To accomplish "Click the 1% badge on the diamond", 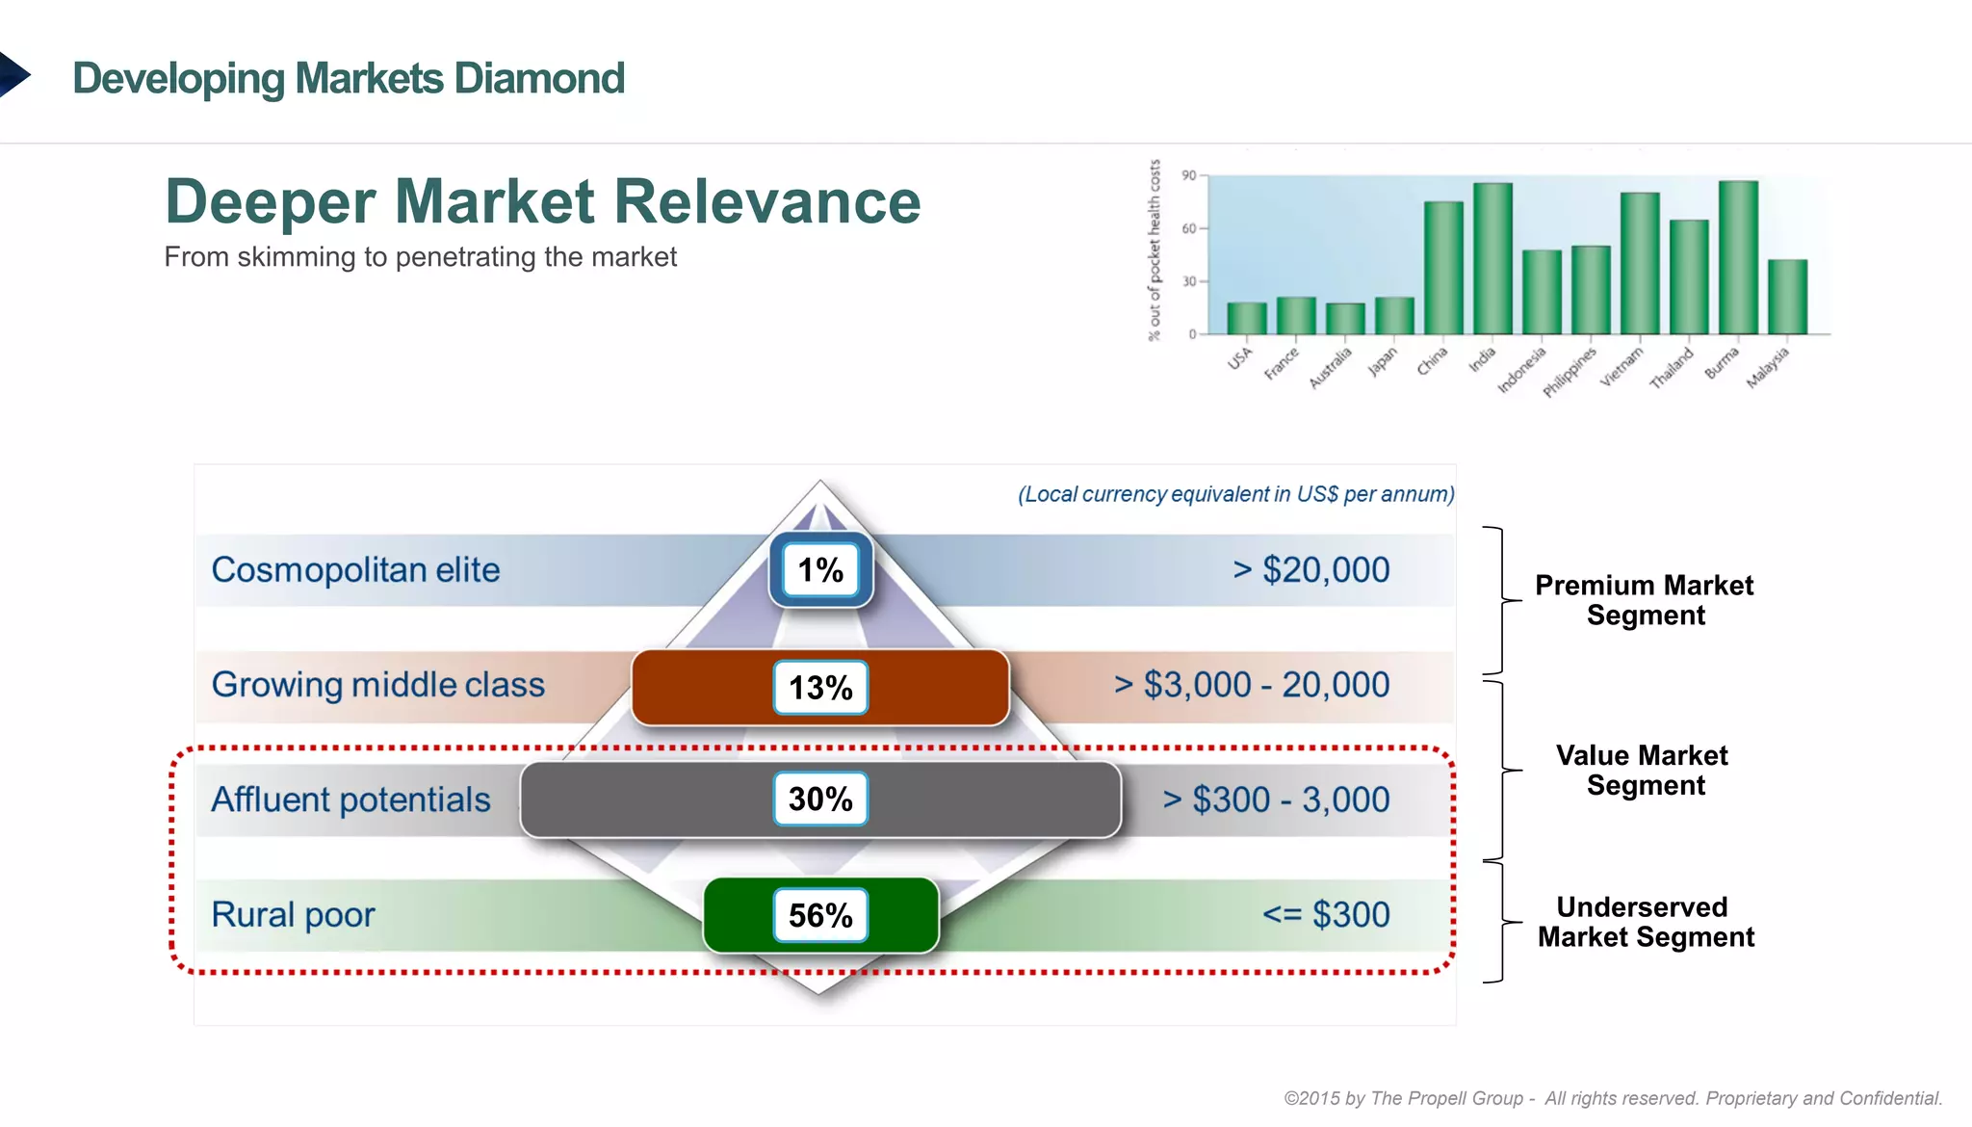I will (820, 569).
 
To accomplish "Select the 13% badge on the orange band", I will (820, 687).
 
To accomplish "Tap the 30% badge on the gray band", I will (820, 799).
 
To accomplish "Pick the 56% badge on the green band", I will (820, 914).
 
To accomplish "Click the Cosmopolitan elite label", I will (355, 569).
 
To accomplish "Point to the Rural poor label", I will (293, 914).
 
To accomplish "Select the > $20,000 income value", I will (1310, 569).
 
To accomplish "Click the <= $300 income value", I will (1326, 914).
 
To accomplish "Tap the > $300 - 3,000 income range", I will (1275, 799).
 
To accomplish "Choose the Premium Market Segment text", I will (1645, 600).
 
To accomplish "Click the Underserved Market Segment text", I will (1645, 922).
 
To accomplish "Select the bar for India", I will (1492, 258).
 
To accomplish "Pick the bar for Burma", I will (1738, 257).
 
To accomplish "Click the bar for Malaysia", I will (1787, 297).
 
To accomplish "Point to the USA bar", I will (1247, 318).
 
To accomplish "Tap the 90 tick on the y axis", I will (1189, 175).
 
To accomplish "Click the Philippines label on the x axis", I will (1569, 372).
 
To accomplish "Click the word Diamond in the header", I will (539, 78).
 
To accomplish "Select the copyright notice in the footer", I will (1613, 1098).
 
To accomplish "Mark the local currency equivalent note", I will (1235, 494).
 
